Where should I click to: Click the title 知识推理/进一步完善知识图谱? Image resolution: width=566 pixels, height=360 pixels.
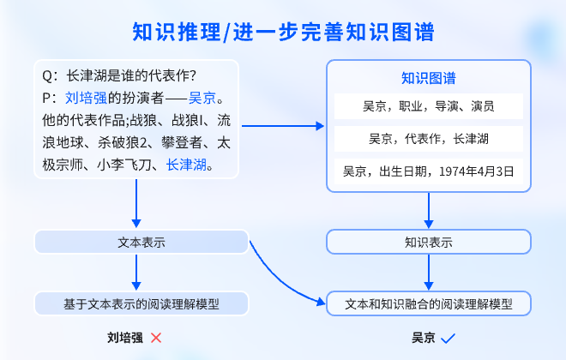[x=283, y=33]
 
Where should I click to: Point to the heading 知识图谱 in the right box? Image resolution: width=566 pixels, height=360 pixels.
[x=428, y=78]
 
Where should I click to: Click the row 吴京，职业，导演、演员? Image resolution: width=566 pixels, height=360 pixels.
[x=428, y=107]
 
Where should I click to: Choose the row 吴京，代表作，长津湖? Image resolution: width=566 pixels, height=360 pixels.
[x=428, y=139]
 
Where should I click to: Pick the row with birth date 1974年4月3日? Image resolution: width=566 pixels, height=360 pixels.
[x=428, y=171]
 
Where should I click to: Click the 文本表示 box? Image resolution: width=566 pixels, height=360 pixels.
[x=141, y=243]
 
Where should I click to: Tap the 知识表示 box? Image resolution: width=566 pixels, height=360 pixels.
[x=428, y=243]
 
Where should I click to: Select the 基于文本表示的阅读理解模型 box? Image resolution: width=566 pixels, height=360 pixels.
[x=141, y=303]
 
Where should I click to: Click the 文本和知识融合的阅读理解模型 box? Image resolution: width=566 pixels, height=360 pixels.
[x=428, y=303]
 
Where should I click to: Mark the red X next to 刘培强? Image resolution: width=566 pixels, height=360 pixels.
[x=156, y=338]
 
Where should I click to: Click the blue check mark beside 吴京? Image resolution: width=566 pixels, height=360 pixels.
[x=448, y=338]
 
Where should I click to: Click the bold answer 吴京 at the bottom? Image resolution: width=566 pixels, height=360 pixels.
[x=423, y=338]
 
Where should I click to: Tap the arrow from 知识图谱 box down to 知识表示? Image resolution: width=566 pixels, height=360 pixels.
[x=428, y=211]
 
